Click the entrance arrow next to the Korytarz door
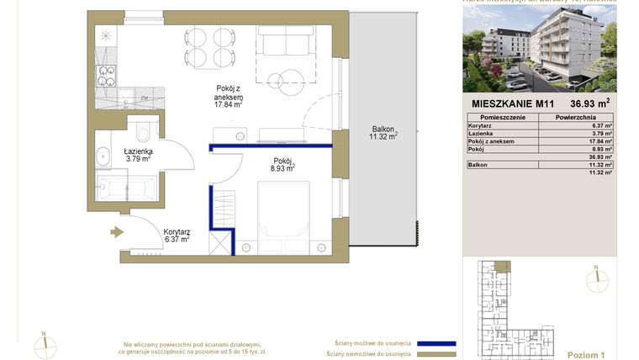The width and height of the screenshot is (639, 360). click(114, 232)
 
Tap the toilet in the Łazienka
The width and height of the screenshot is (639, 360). click(142, 130)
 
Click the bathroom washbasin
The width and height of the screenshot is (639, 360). click(103, 156)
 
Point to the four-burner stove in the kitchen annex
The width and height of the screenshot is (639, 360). click(108, 76)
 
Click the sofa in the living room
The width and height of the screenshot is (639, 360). click(284, 42)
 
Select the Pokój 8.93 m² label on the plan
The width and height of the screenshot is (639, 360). click(283, 164)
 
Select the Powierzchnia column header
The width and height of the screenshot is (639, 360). click(577, 119)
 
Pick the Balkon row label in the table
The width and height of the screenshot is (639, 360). click(478, 165)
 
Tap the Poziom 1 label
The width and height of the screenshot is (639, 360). click(585, 355)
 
